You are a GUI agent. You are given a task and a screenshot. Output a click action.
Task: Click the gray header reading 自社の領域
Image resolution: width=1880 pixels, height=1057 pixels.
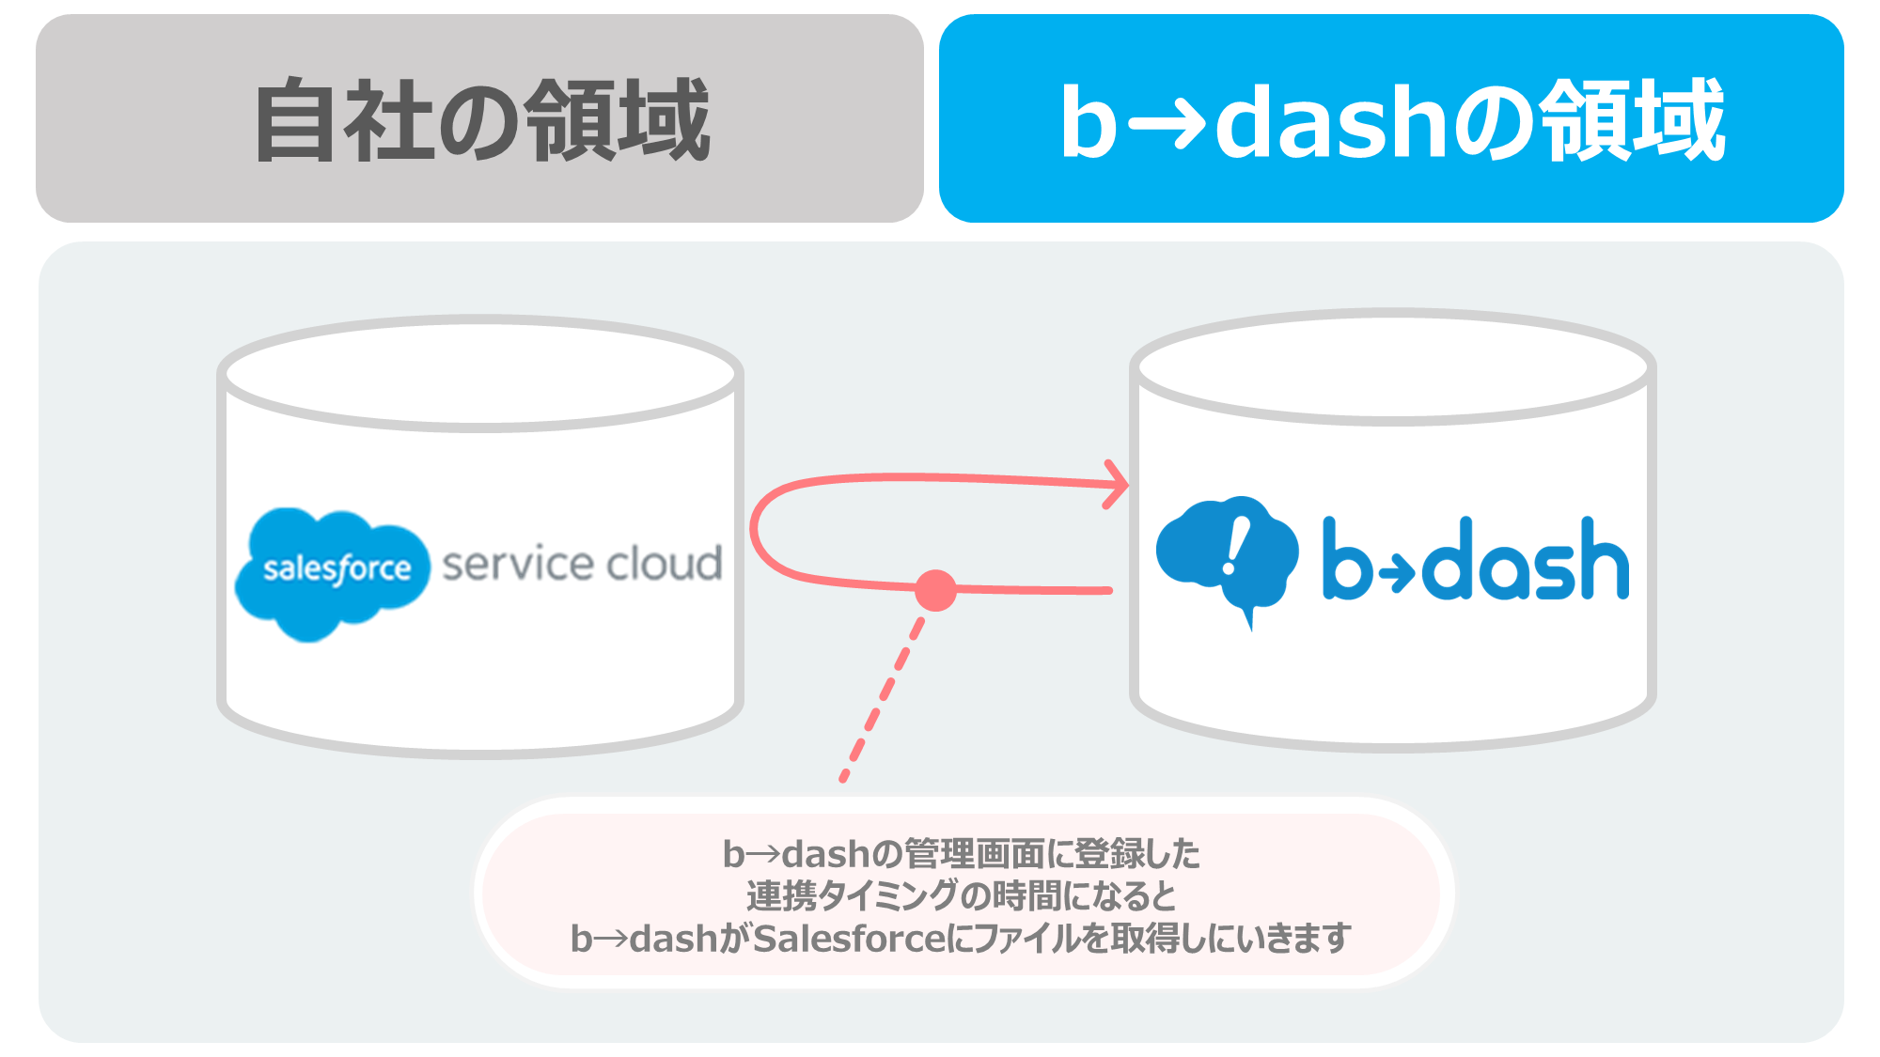click(x=479, y=118)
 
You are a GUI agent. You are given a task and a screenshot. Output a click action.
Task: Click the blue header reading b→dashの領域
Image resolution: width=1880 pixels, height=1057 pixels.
click(x=1391, y=118)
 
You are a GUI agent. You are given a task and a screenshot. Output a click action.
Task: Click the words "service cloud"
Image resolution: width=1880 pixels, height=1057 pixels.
click(x=582, y=564)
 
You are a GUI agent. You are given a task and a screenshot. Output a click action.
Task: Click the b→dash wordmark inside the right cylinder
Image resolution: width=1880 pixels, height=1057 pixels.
click(x=1476, y=558)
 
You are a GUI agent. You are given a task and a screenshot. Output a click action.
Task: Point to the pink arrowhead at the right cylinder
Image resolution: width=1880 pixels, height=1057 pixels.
click(x=1116, y=485)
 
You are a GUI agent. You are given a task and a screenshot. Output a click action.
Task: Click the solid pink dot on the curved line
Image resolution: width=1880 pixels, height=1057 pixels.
click(x=935, y=590)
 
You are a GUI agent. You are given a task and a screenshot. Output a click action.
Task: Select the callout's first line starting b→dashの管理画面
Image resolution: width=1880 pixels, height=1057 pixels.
click(x=961, y=854)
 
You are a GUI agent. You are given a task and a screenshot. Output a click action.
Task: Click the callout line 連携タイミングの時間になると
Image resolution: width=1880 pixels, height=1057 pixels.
click(x=961, y=896)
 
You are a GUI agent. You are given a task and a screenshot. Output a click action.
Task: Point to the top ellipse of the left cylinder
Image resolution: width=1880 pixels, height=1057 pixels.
click(x=480, y=374)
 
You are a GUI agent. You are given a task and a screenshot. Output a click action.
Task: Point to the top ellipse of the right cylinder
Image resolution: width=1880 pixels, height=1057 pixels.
click(x=1393, y=367)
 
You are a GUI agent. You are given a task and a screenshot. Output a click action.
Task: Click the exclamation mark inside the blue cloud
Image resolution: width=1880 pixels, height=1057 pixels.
click(x=1235, y=548)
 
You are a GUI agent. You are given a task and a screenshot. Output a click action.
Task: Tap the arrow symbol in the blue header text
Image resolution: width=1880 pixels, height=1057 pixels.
click(x=1166, y=122)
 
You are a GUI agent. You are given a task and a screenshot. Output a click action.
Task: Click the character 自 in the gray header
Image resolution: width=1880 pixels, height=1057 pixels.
click(x=294, y=120)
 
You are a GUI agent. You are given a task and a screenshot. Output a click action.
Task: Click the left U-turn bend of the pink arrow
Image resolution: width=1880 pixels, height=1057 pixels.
click(x=755, y=531)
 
